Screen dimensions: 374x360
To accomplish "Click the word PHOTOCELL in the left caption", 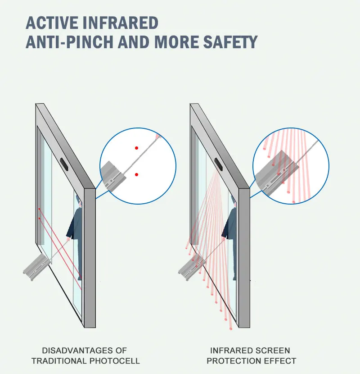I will pos(118,360).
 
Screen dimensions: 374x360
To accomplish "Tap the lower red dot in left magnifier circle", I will pos(136,174).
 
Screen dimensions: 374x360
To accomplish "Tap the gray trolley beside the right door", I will pos(191,267).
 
